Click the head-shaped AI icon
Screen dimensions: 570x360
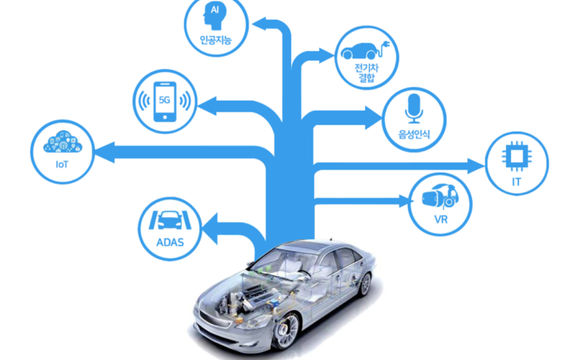[215, 14]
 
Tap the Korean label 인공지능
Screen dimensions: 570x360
[215, 41]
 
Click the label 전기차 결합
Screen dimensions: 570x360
[366, 74]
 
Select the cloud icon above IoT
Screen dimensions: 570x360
[62, 142]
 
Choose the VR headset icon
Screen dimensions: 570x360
[440, 196]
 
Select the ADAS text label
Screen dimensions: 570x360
[170, 241]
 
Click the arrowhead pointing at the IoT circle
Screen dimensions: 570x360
[103, 153]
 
